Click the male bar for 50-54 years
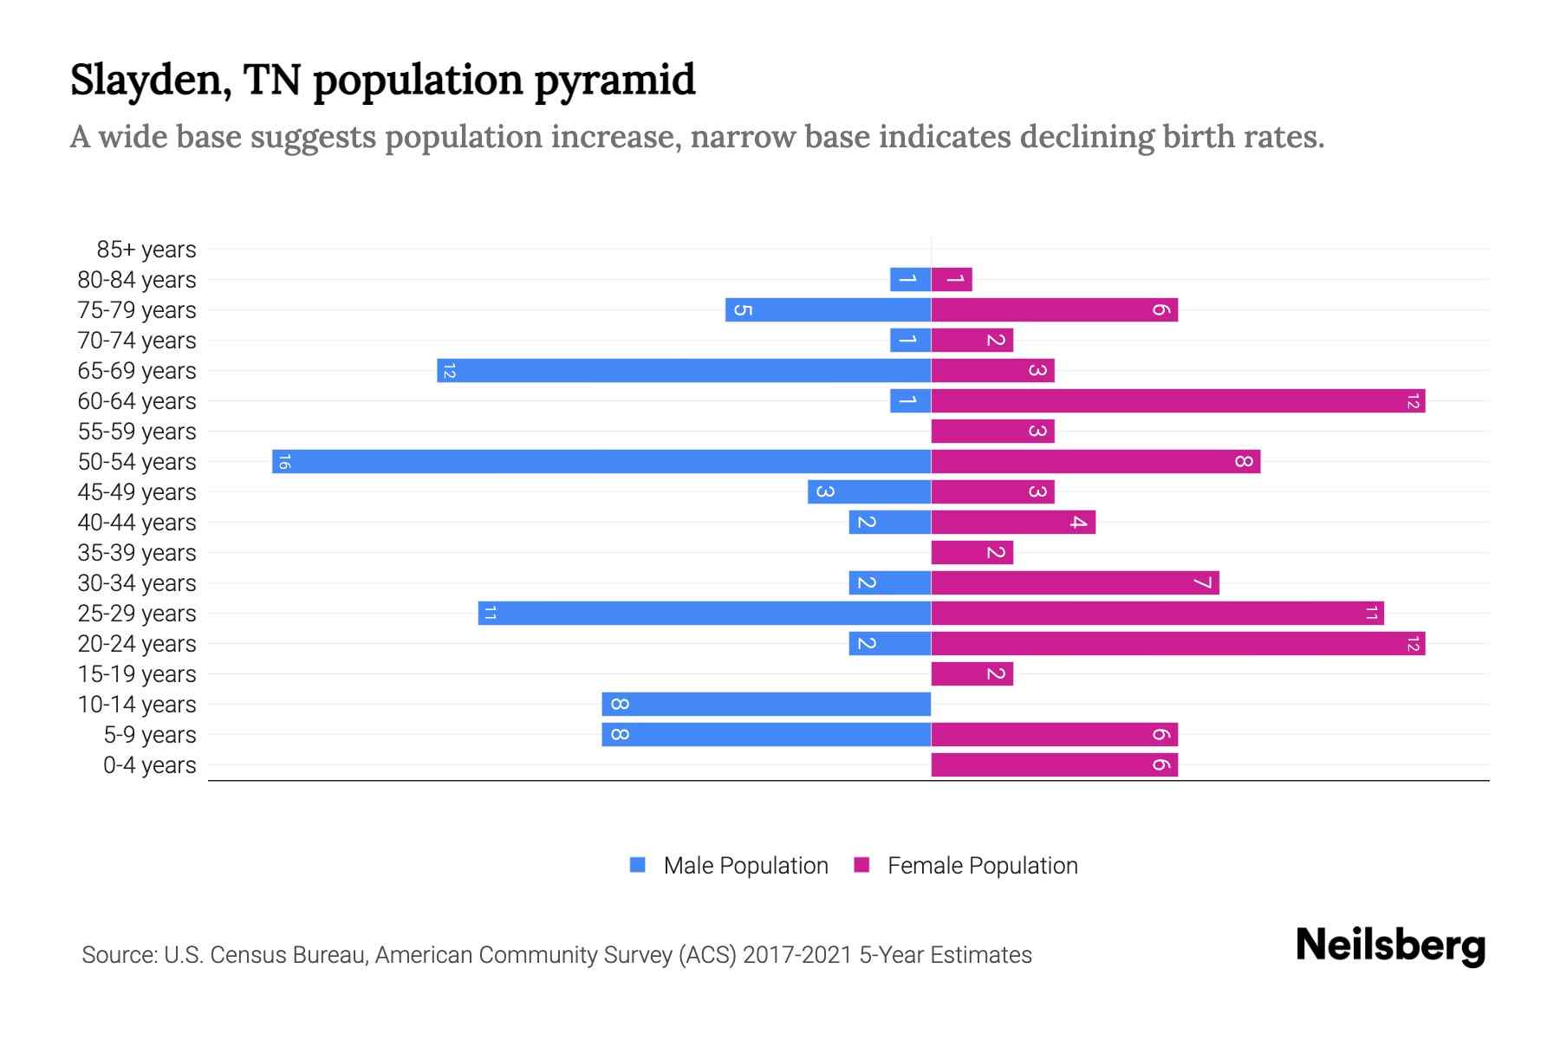pos(601,461)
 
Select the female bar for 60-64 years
pos(1178,400)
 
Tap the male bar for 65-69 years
pos(684,370)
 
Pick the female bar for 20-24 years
pos(1178,643)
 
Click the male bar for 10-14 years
pos(766,704)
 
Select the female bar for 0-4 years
pos(1054,764)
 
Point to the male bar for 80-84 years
pos(910,279)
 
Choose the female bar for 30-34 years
pos(1075,582)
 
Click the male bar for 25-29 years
pos(704,613)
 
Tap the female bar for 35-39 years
pos(972,552)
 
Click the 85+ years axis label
pos(146,250)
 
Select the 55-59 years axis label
pos(137,432)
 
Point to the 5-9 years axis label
pos(149,735)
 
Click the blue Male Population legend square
pos(638,865)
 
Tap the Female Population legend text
pos(982,865)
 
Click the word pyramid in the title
pos(614,81)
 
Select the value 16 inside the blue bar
pos(284,461)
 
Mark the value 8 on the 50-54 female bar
pos(1244,461)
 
